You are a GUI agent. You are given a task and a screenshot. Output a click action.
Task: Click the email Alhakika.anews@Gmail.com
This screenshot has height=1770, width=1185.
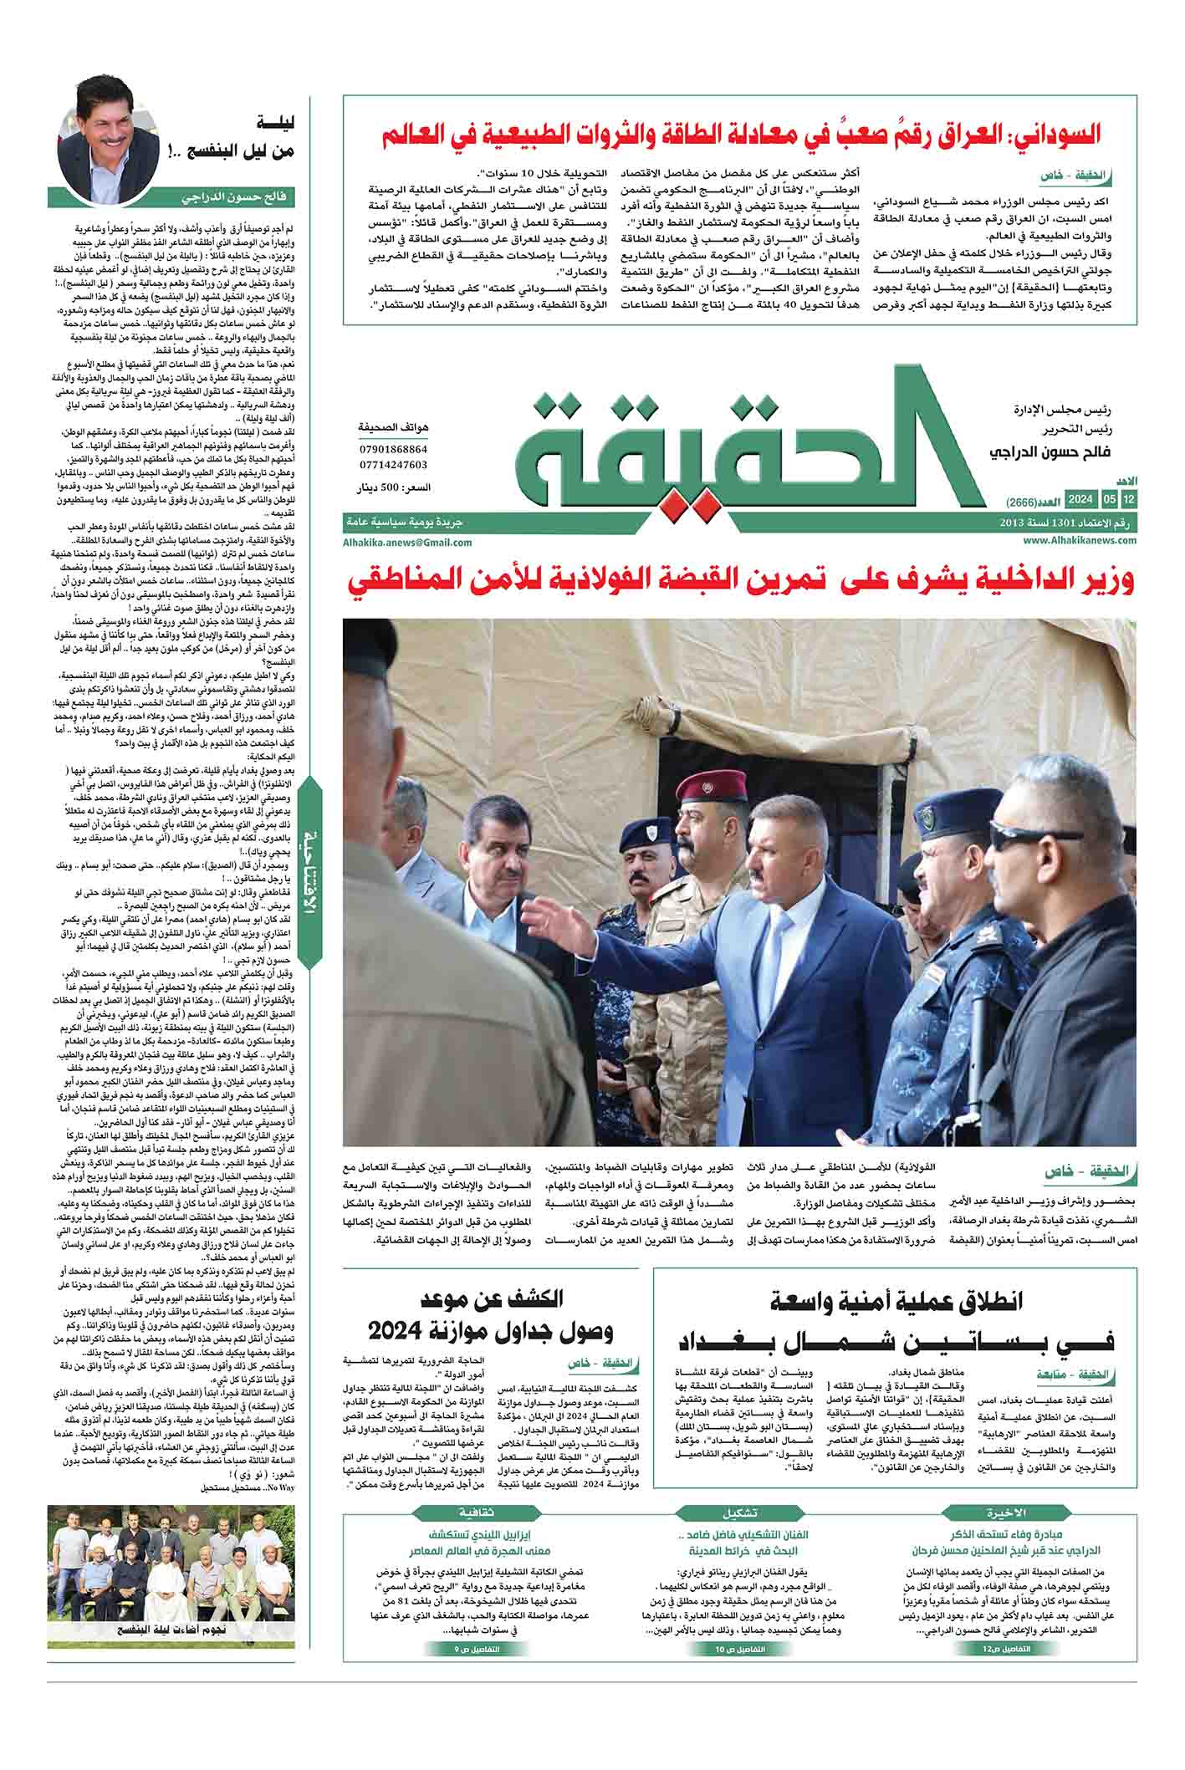(x=406, y=542)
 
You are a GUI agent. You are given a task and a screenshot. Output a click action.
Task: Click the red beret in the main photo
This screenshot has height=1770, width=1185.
(x=702, y=788)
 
